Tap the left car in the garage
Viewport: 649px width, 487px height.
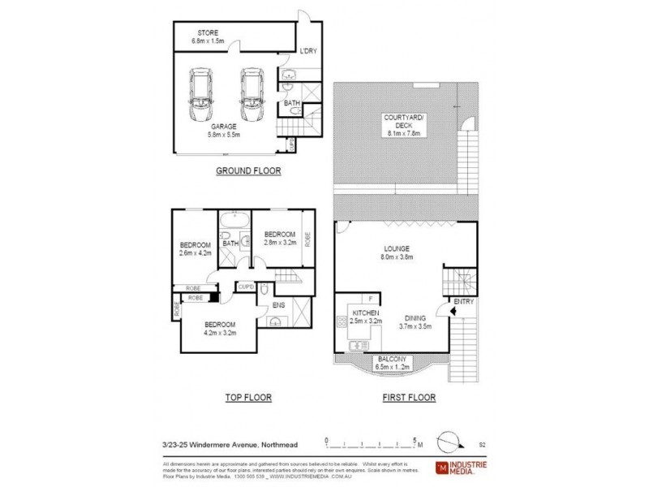pyautogui.click(x=200, y=94)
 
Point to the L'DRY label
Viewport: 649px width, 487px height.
pyautogui.click(x=308, y=50)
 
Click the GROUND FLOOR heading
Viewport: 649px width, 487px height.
pyautogui.click(x=247, y=171)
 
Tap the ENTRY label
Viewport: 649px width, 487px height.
pyautogui.click(x=463, y=304)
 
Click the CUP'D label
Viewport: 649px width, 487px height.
pyautogui.click(x=246, y=287)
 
